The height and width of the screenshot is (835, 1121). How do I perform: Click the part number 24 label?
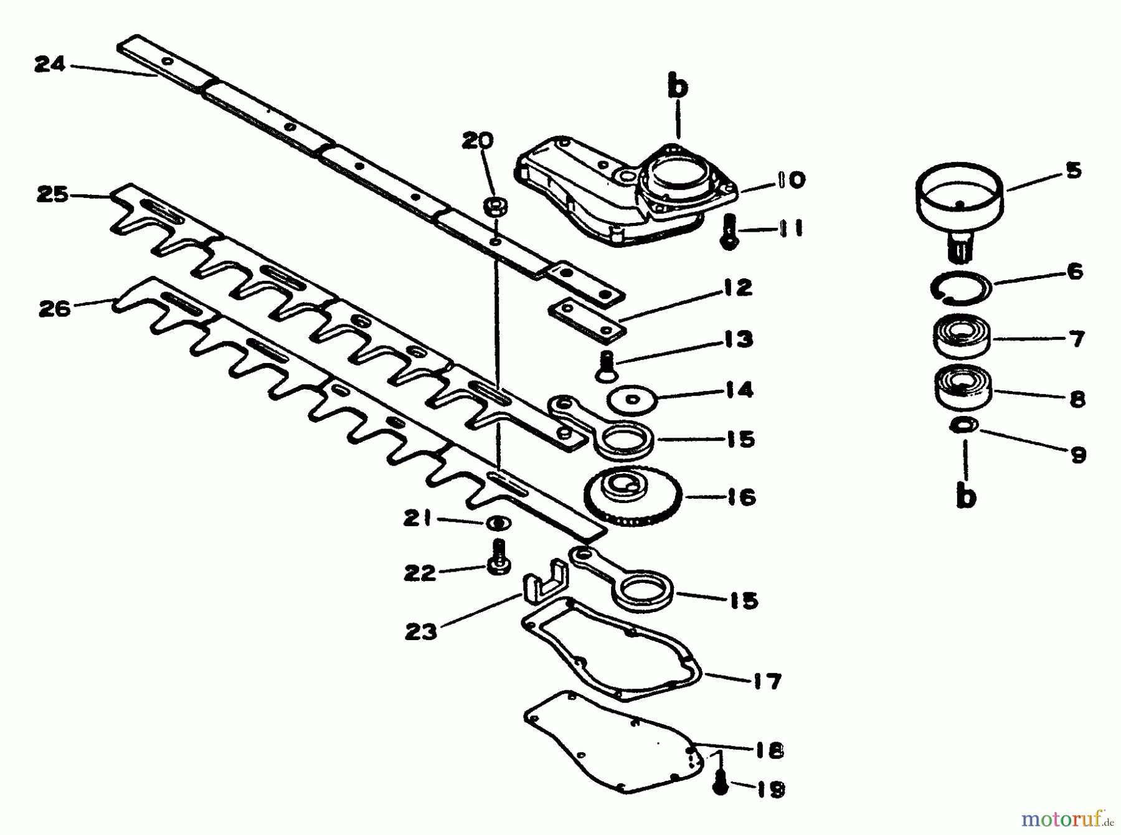pyautogui.click(x=50, y=64)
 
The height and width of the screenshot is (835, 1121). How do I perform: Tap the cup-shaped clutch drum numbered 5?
pyautogui.click(x=958, y=198)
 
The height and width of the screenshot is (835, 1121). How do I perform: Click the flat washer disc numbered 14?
pyautogui.click(x=632, y=399)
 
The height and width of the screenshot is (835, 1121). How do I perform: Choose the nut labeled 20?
pyautogui.click(x=495, y=205)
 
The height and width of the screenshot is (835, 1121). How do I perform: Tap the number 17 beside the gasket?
pyautogui.click(x=766, y=681)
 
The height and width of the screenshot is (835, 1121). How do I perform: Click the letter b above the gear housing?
pyautogui.click(x=678, y=88)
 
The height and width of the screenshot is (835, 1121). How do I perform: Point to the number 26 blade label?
pyautogui.click(x=54, y=308)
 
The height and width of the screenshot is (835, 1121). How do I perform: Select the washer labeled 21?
pyautogui.click(x=498, y=523)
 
